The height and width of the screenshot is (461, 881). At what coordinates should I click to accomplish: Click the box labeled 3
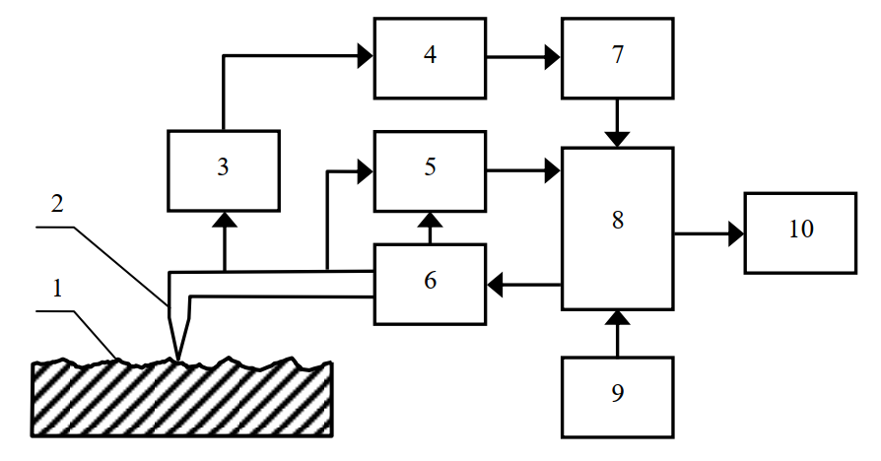coord(224,169)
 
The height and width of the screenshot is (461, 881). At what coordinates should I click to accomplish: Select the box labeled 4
coord(429,57)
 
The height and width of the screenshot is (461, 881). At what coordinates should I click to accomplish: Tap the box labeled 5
coord(429,170)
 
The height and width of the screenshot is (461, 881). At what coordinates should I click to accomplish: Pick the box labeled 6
coord(429,284)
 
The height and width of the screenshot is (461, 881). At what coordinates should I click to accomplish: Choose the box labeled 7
coord(617,57)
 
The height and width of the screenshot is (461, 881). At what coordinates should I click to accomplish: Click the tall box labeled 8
coord(617,228)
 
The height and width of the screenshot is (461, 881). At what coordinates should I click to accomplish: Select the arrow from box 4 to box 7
coord(523,57)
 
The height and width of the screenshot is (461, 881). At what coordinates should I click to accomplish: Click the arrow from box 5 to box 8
coord(523,170)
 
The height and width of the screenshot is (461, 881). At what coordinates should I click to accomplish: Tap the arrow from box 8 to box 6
coord(523,285)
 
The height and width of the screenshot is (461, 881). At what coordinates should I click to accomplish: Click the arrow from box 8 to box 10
coord(709,233)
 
